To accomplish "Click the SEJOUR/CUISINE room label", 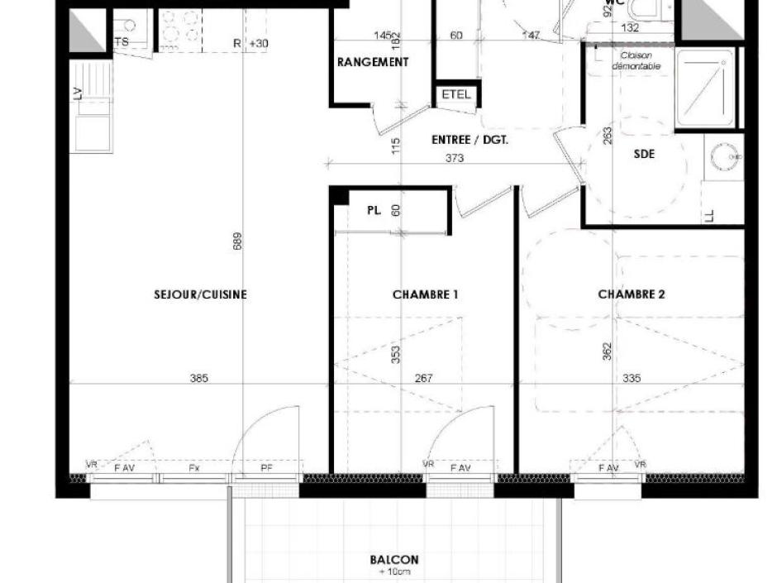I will coord(200,294).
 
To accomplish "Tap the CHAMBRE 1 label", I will coord(425,294).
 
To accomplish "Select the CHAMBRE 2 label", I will coord(632,294).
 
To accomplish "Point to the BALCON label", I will coord(394,560).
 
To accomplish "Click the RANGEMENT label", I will coord(373,62).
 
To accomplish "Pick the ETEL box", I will coord(455,94).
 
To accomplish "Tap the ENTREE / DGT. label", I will coord(470,140).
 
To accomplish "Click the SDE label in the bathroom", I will coord(644,154).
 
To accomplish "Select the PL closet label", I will coord(374,211).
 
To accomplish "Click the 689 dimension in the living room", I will coord(238,241).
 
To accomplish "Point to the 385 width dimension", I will coord(198,379).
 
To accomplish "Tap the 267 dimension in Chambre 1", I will coord(423,379).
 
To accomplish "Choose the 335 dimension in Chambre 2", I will coord(632,379).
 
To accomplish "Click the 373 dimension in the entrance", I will coord(477,159).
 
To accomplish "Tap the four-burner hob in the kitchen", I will coord(180,27).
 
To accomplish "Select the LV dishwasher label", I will coord(79,94).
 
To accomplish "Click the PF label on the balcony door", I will coord(266,469).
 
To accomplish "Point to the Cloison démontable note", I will coord(636,60).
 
